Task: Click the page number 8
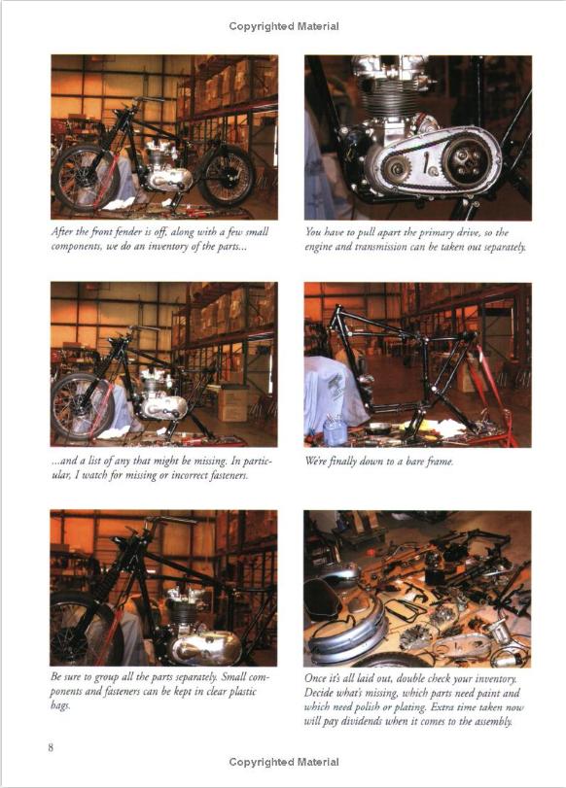point(51,747)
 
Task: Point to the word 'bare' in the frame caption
point(415,462)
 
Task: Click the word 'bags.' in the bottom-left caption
point(60,705)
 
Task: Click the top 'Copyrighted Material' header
point(284,26)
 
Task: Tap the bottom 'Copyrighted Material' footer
point(284,762)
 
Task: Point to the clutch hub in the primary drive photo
point(465,160)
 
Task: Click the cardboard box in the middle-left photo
point(233,403)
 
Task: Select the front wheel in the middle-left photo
point(83,407)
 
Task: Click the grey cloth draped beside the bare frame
point(335,396)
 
